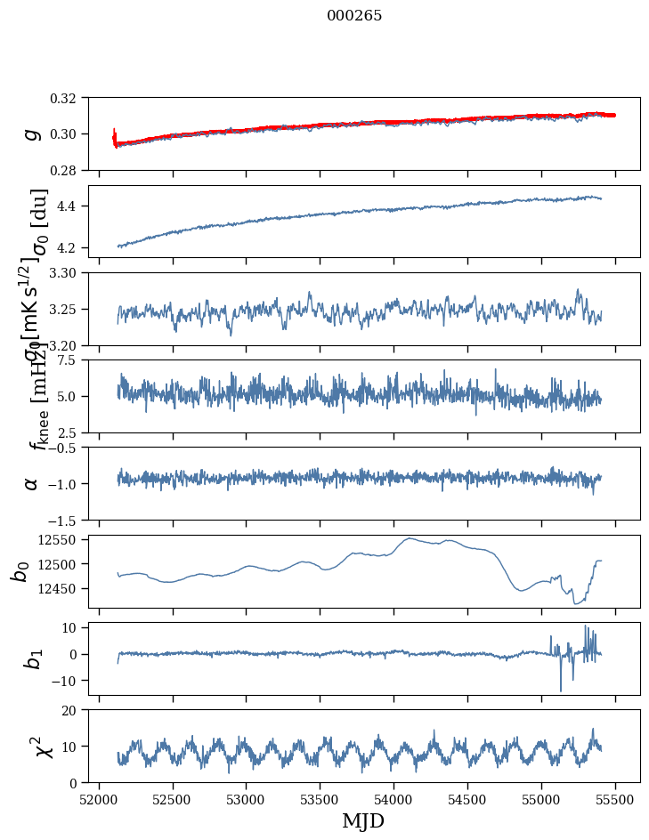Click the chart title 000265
(354, 16)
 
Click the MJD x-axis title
(363, 820)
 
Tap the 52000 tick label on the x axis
(99, 798)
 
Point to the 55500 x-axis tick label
(616, 798)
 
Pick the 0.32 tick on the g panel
(68, 98)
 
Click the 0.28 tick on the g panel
(68, 170)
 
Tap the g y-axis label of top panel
(32, 133)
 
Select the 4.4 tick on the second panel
(72, 206)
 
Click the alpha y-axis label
(32, 483)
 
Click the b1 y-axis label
(32, 658)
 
